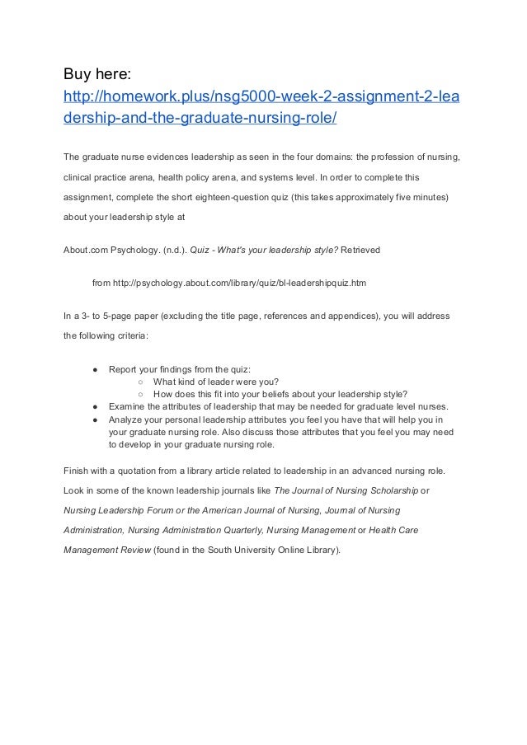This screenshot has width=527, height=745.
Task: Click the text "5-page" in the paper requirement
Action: (x=109, y=316)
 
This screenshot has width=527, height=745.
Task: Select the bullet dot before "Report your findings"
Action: (x=96, y=370)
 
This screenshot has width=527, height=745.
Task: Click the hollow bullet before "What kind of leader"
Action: (x=142, y=382)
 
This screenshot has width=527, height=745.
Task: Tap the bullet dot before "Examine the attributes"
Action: (x=96, y=406)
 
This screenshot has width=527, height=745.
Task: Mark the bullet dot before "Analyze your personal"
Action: (x=96, y=419)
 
